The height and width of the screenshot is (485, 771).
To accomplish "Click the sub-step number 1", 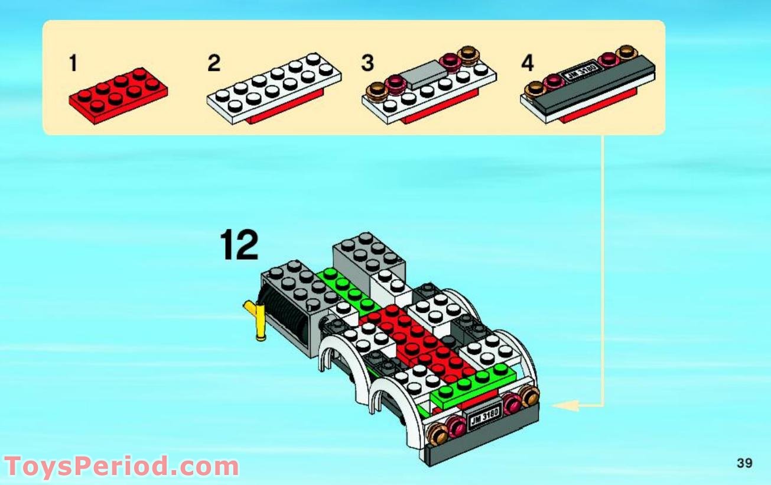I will [x=73, y=63].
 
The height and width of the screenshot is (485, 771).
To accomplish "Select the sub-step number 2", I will [x=214, y=63].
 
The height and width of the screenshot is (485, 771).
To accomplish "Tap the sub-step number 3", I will [x=367, y=63].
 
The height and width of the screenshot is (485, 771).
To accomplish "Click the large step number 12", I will [x=239, y=245].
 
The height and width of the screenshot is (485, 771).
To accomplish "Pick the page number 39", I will [x=744, y=463].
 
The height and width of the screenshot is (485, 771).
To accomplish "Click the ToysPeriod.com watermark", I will [x=121, y=467].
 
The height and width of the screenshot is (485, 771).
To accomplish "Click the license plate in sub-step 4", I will [x=582, y=72].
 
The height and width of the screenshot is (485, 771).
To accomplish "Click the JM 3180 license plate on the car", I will [x=484, y=418].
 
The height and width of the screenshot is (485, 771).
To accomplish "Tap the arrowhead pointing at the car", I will [x=564, y=405].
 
